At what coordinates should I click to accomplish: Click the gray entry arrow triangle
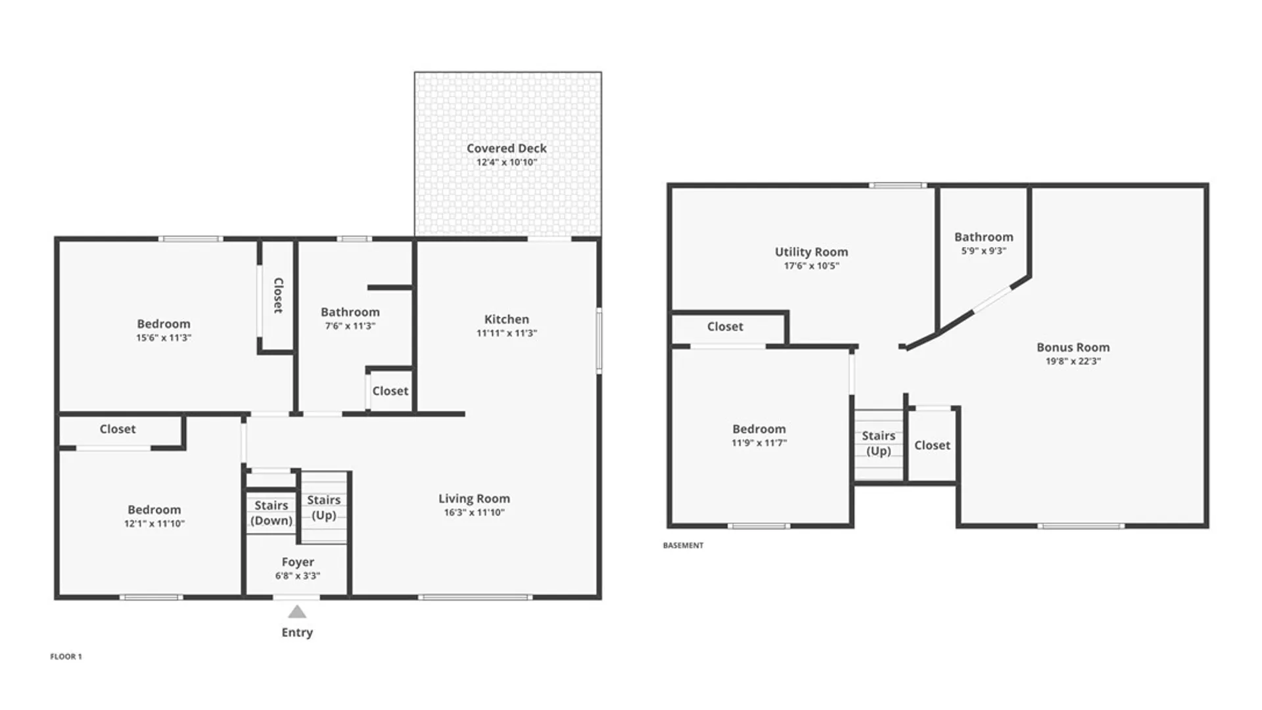pos(297,612)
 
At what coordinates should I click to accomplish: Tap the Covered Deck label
pos(507,149)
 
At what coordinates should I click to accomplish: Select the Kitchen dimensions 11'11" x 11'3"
pos(507,333)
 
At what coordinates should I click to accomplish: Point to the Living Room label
pos(474,499)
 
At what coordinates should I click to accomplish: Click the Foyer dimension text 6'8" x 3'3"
pos(298,576)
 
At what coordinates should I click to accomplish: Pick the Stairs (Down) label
pos(271,513)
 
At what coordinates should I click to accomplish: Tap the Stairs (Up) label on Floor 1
pos(324,508)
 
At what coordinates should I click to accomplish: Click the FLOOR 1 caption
pos(66,657)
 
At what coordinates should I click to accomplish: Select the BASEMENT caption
pos(683,546)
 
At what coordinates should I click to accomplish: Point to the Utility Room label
pos(811,252)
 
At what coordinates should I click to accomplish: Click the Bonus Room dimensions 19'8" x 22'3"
pos(1073,362)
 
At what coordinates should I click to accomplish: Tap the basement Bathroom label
pos(984,237)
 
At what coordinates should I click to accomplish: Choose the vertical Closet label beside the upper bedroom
pos(279,295)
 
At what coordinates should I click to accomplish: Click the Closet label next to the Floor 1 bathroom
pos(390,391)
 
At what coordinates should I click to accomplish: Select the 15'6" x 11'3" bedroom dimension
pos(164,338)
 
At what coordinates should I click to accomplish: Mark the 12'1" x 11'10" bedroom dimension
pos(154,524)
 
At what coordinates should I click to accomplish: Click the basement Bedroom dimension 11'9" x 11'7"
pos(759,443)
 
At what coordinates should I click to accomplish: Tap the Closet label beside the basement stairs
pos(932,446)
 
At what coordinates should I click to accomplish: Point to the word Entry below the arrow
pos(297,632)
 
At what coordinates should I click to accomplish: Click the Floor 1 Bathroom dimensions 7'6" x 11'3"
pos(350,326)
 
